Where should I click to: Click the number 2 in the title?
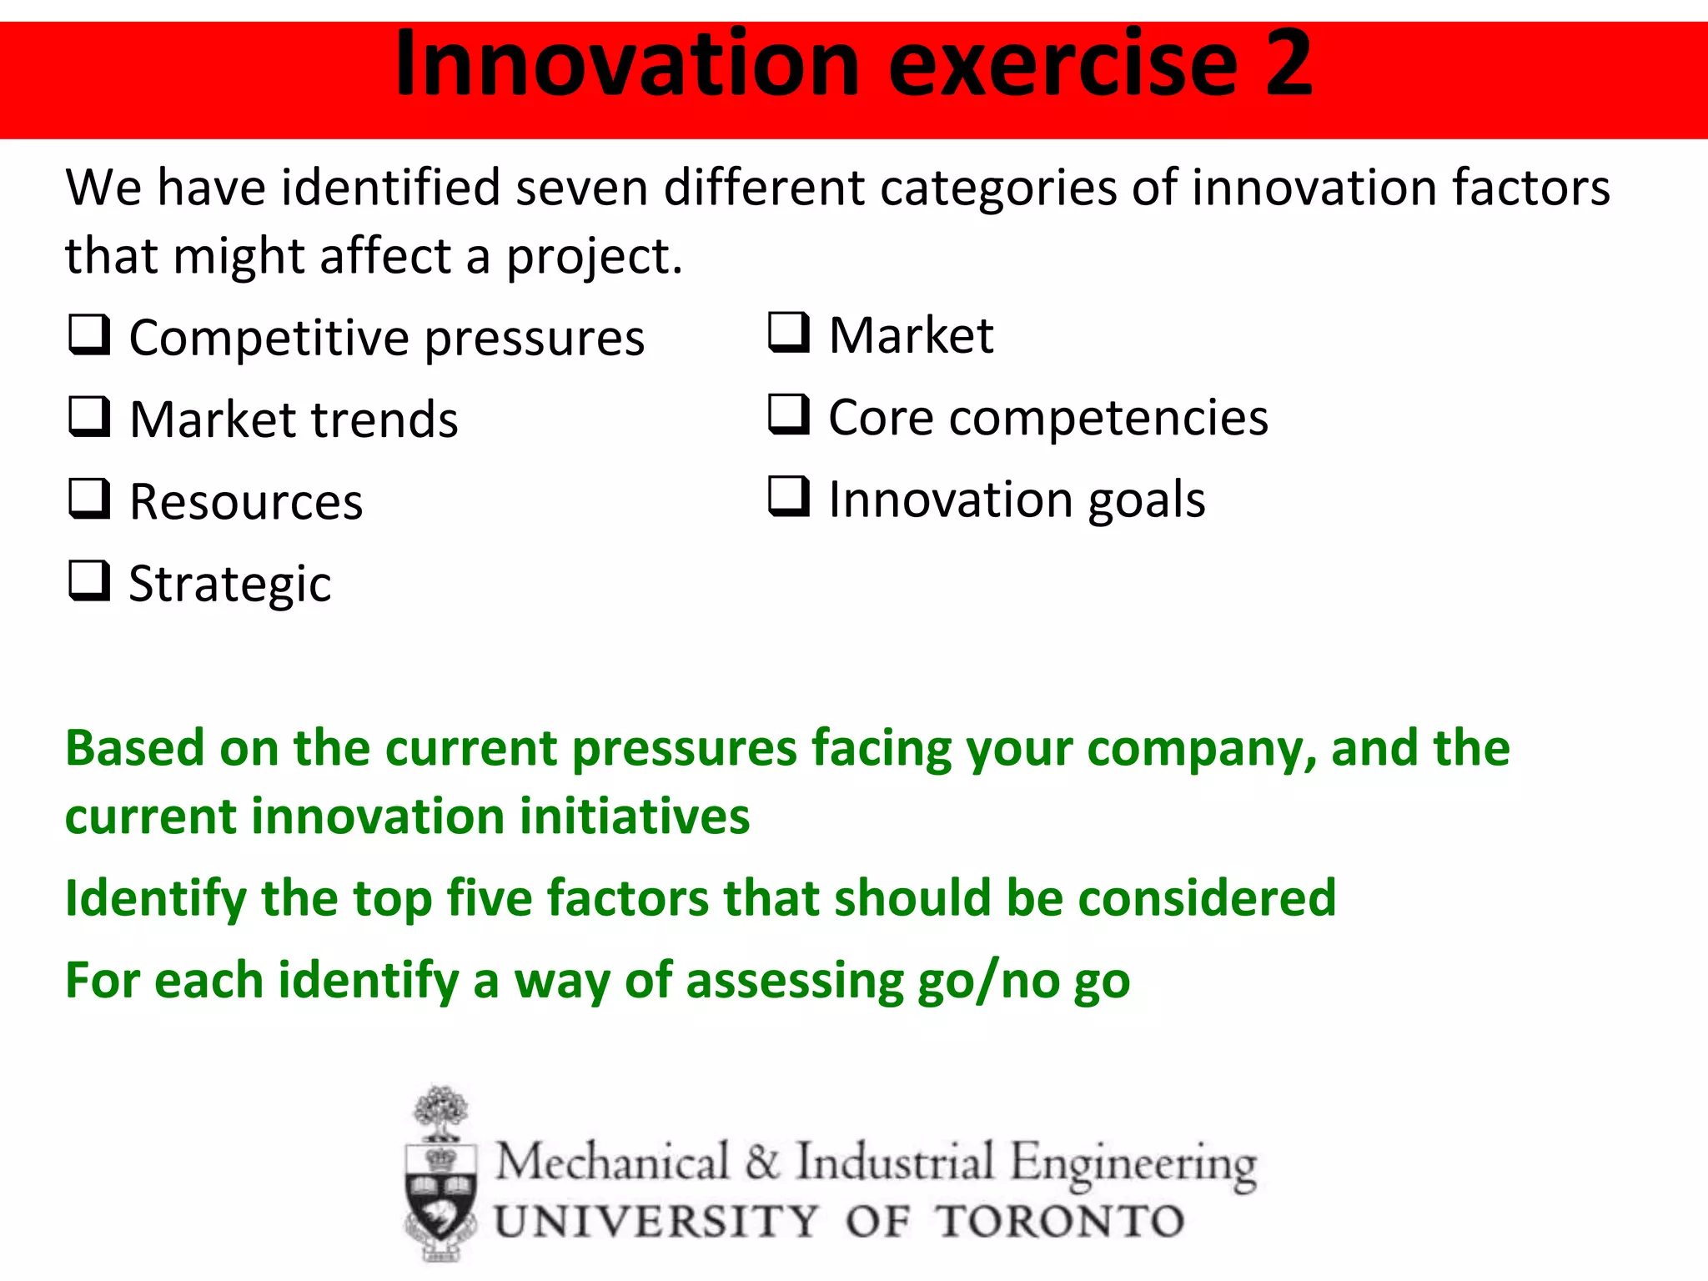pyautogui.click(x=1288, y=63)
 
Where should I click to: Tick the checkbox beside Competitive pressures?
pyautogui.click(x=89, y=335)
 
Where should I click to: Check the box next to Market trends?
pyautogui.click(x=89, y=417)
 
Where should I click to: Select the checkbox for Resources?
pyautogui.click(x=89, y=499)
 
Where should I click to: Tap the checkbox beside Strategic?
pyautogui.click(x=89, y=581)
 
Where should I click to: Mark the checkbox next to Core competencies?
pyautogui.click(x=788, y=414)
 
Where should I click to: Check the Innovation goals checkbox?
pyautogui.click(x=788, y=497)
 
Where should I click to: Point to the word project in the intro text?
pyautogui.click(x=594, y=257)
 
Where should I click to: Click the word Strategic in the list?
pyautogui.click(x=230, y=585)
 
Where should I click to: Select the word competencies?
pyautogui.click(x=1108, y=419)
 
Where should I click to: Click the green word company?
pyautogui.click(x=1202, y=749)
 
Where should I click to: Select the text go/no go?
pyautogui.click(x=1023, y=982)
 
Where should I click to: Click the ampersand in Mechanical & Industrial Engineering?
pyautogui.click(x=762, y=1162)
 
